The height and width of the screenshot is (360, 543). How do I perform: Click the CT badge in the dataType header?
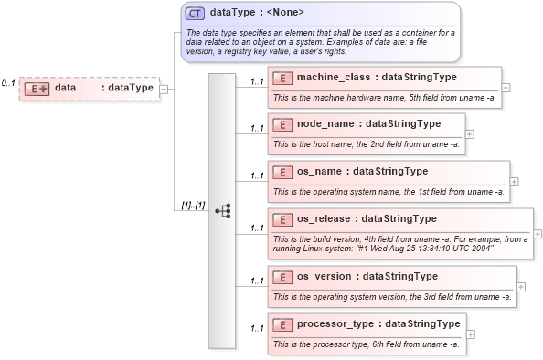point(195,14)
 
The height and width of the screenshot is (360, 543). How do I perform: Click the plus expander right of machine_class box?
point(506,88)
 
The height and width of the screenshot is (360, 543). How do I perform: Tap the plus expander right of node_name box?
point(470,134)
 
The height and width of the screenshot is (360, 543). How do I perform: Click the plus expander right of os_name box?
point(514,182)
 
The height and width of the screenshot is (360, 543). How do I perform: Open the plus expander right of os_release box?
point(537,235)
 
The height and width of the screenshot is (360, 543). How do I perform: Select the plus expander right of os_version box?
point(521,287)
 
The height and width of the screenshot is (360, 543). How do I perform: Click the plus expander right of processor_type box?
point(470,334)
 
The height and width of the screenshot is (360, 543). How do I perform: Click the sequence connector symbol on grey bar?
point(222,210)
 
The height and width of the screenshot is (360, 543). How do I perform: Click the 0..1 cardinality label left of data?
point(8,83)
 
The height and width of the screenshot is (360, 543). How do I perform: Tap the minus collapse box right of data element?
point(164,89)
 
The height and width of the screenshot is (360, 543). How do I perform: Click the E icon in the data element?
point(37,88)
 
